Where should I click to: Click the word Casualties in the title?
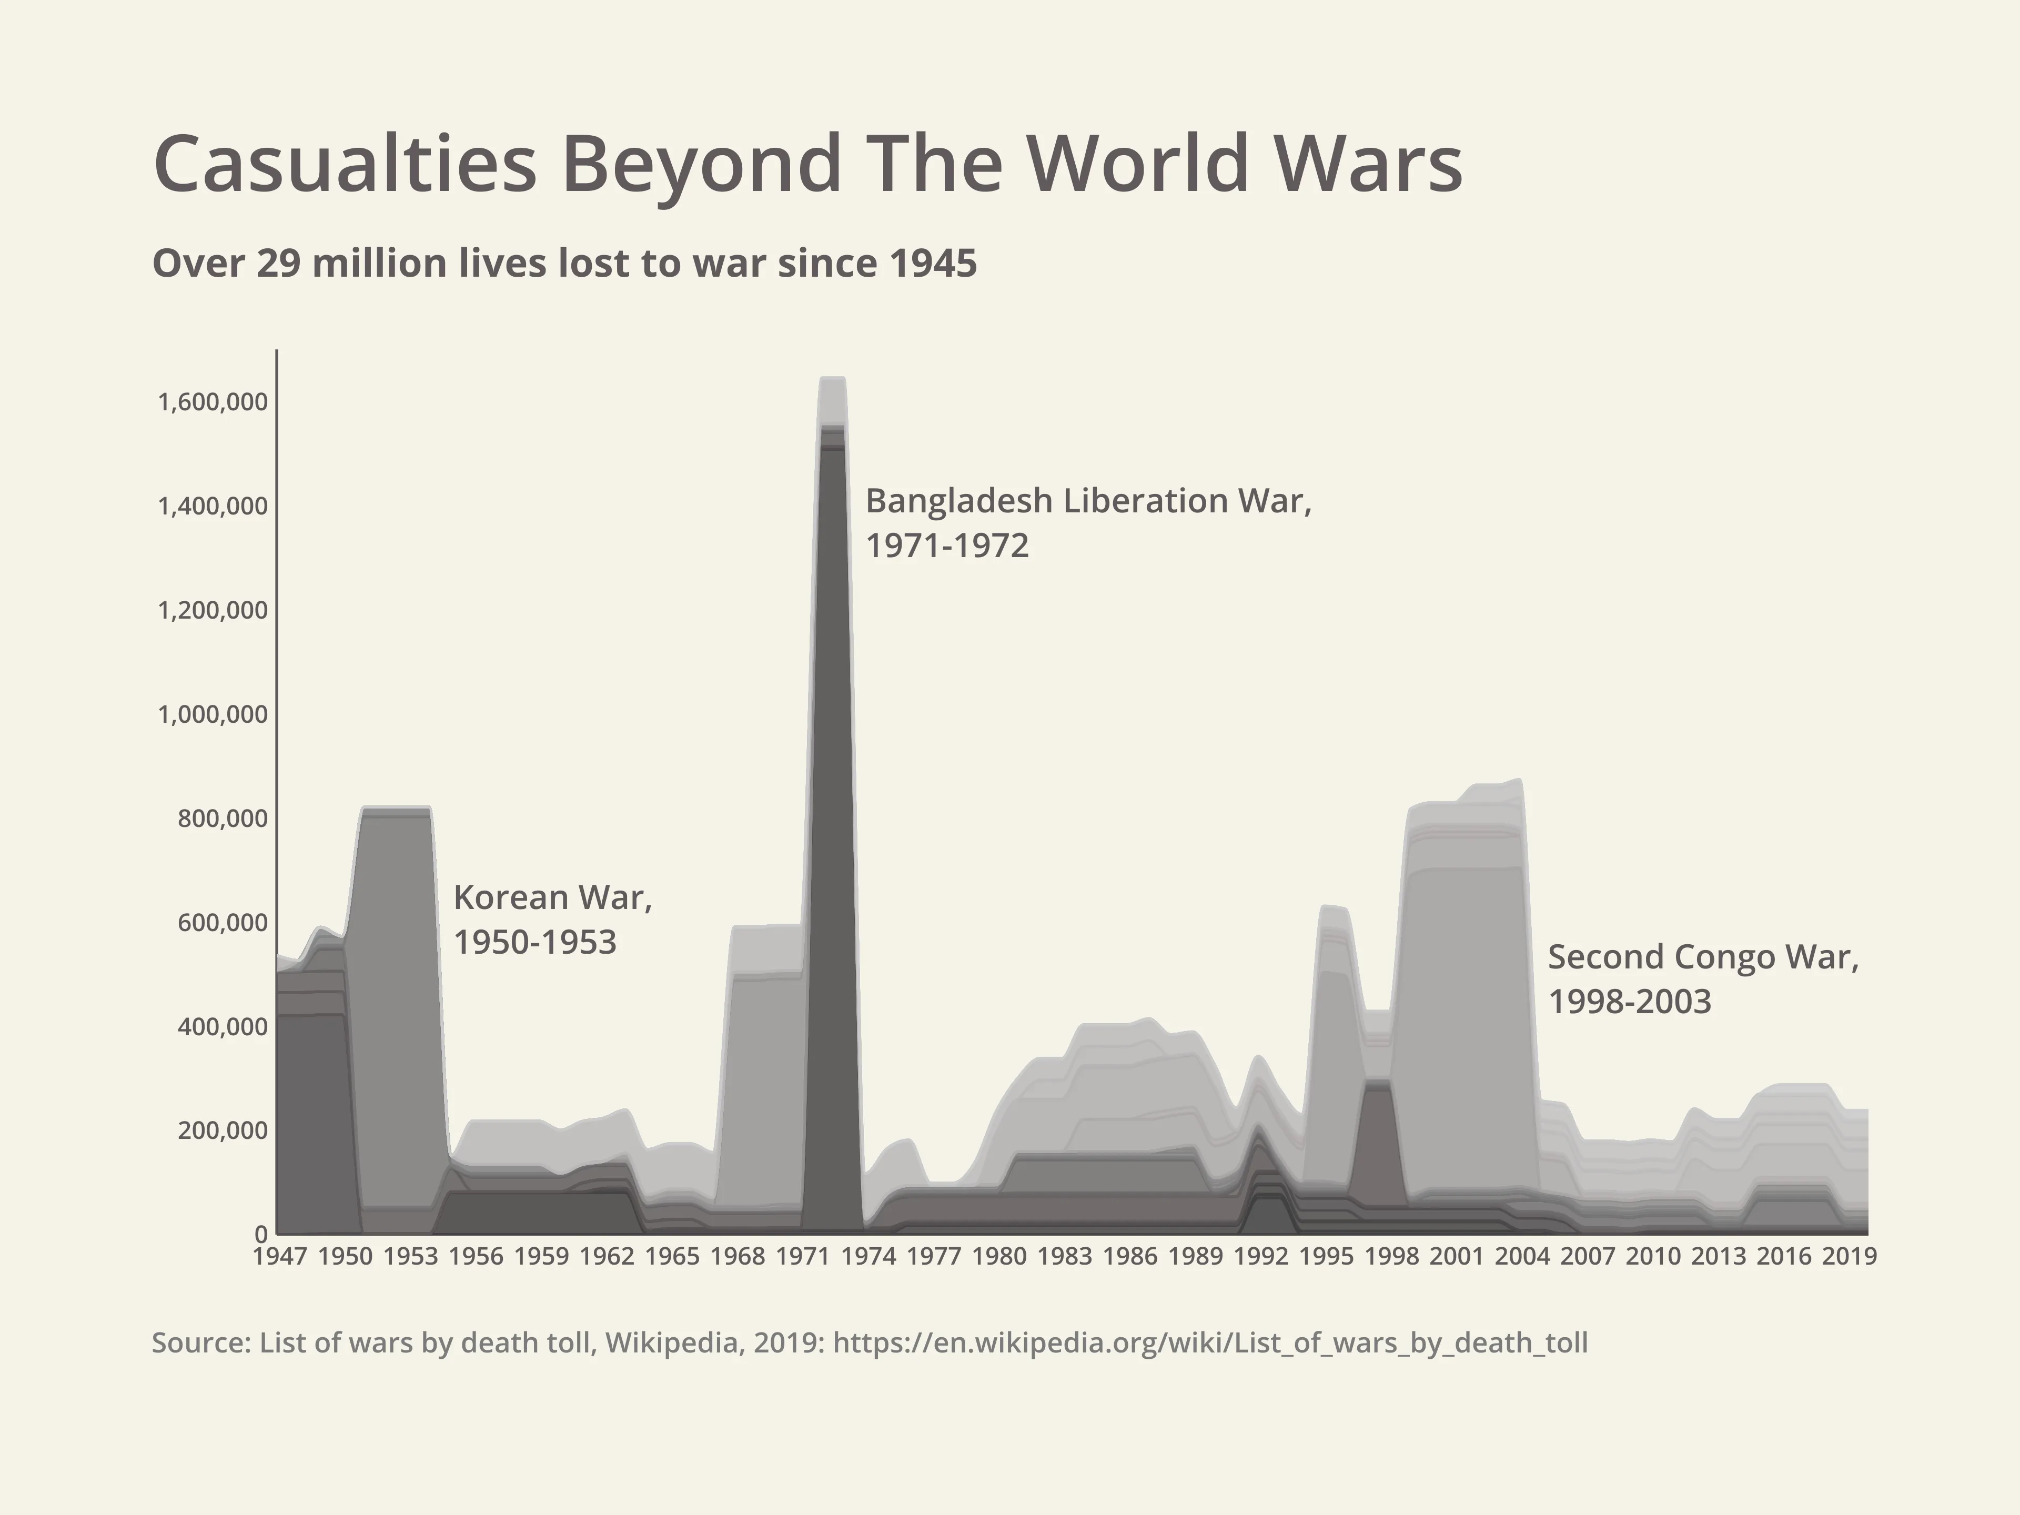[345, 164]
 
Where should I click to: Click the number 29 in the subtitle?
[278, 264]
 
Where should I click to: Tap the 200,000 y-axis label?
[223, 1130]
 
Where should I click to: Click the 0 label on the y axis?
[261, 1234]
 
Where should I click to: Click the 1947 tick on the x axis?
[279, 1257]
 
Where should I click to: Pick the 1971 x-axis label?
[803, 1257]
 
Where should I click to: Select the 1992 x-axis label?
[1260, 1257]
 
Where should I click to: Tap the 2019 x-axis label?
[1849, 1257]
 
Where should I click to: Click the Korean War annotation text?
[552, 897]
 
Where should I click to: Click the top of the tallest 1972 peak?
[833, 378]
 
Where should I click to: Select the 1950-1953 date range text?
[535, 943]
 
